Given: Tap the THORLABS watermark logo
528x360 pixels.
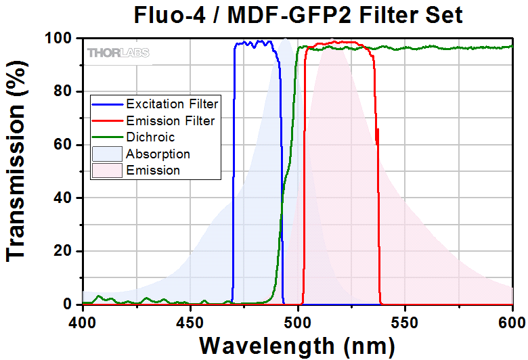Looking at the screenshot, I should click(118, 52).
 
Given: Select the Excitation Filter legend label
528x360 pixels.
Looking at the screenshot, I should click(172, 104).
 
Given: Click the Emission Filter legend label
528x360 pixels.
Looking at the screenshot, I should click(170, 121).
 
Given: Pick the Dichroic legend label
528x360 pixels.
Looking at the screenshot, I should click(150, 137).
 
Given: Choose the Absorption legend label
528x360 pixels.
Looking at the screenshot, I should click(158, 154).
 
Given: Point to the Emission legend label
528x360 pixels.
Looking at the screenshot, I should click(153, 171).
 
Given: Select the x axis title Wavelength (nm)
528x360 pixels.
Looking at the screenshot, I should click(297, 345).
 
